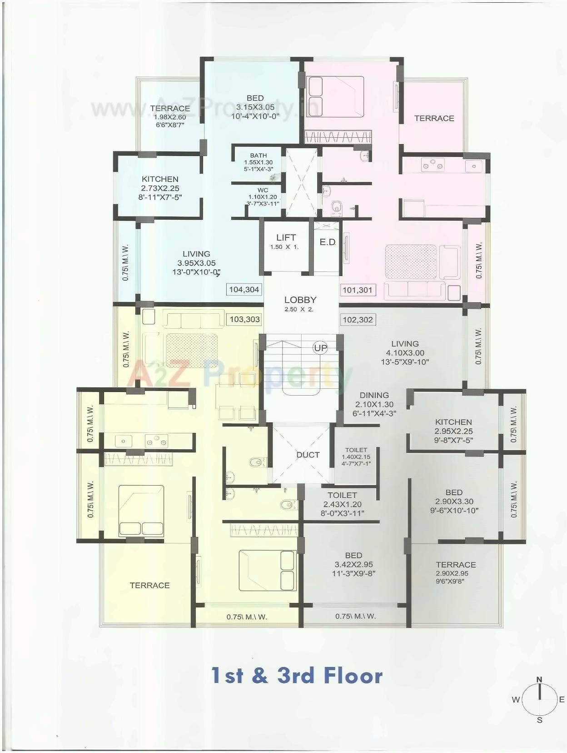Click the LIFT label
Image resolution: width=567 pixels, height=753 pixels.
(x=286, y=238)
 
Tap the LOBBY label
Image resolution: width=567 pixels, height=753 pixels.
(x=300, y=300)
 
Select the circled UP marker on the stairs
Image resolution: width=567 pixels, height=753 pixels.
(x=321, y=348)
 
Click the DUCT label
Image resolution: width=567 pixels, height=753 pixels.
(x=308, y=455)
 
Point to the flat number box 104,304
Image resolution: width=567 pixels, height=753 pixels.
(x=244, y=289)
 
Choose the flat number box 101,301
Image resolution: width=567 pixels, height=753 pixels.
(x=358, y=290)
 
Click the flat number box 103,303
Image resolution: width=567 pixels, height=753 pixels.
(x=244, y=319)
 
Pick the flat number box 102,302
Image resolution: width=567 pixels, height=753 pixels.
(x=358, y=320)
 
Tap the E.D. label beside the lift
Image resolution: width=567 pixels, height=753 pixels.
(x=327, y=242)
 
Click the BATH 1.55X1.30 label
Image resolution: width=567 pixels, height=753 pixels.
(x=258, y=162)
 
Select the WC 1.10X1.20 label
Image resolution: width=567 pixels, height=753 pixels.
(x=263, y=197)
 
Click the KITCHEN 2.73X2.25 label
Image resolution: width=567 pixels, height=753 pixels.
(x=160, y=188)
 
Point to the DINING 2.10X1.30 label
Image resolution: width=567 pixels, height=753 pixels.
(x=374, y=404)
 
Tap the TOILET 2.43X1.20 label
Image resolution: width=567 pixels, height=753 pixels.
(x=342, y=504)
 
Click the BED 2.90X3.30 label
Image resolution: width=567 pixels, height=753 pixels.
(x=454, y=501)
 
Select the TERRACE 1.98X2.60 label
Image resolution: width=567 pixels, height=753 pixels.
(x=170, y=116)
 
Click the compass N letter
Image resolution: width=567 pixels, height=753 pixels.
(x=539, y=680)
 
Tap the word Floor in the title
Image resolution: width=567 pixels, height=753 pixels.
(x=353, y=676)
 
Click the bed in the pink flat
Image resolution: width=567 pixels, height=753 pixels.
(x=336, y=96)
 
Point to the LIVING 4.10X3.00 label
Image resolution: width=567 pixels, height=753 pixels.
(x=405, y=352)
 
